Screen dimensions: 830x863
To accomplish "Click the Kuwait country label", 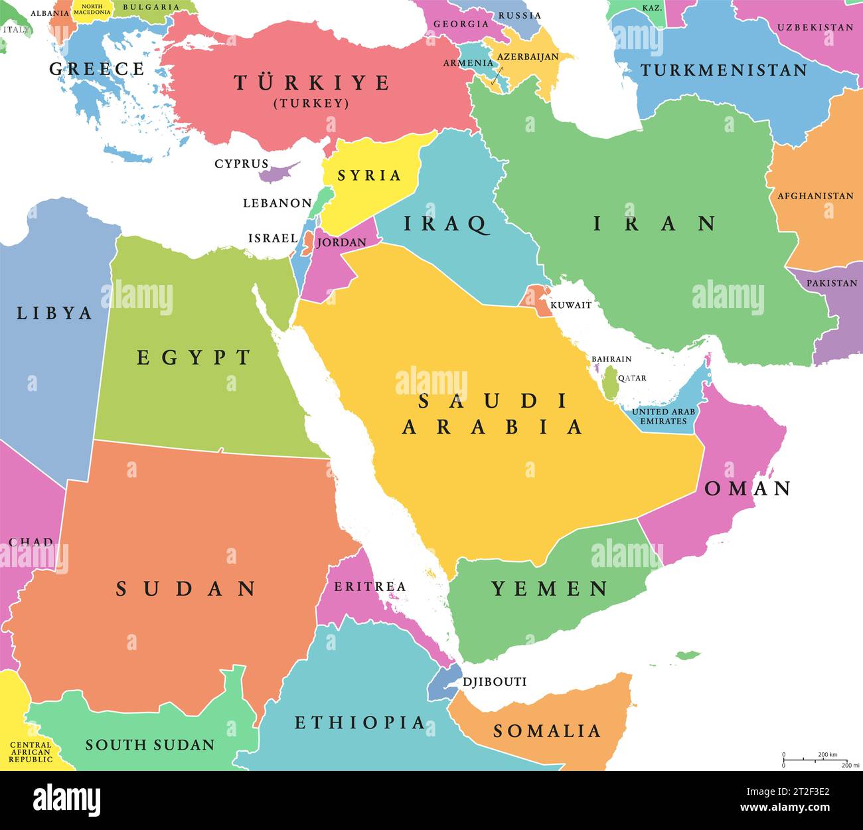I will (570, 305).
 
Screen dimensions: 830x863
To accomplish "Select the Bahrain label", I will (611, 359).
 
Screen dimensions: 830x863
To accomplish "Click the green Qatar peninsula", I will (610, 384).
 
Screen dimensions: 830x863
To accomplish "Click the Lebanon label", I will (277, 203).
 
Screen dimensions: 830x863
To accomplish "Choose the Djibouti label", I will (494, 682).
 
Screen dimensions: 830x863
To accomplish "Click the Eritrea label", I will (369, 586).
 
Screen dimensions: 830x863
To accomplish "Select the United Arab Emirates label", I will (663, 416).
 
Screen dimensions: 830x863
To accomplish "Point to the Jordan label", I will (341, 242).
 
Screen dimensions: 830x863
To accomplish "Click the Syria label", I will (369, 175).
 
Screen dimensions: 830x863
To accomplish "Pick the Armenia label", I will (468, 63).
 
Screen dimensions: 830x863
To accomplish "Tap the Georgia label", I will (461, 24).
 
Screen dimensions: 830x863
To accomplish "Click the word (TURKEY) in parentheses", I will (311, 104).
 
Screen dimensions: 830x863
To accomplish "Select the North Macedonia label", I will (92, 9).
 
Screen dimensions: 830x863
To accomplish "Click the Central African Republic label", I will (31, 752).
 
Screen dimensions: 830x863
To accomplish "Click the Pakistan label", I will (831, 283).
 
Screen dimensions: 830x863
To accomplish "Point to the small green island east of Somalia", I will (688, 656).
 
